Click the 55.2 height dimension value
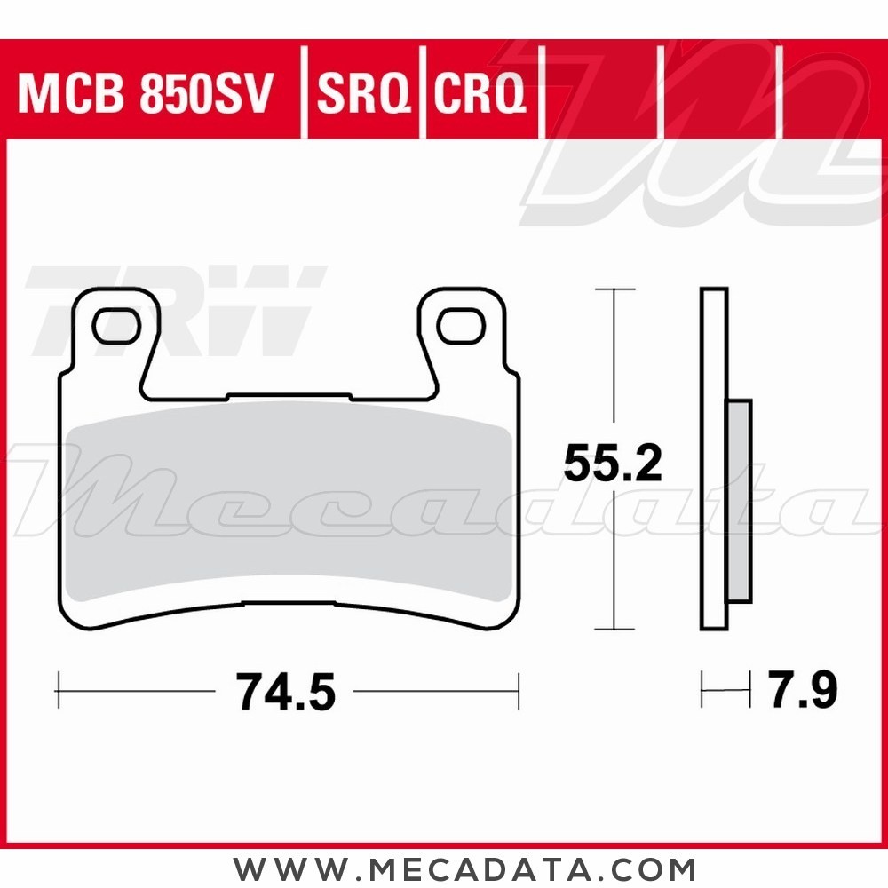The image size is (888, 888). pos(613,464)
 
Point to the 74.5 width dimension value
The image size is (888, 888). pos(286,691)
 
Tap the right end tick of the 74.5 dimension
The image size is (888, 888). pos(518,690)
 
